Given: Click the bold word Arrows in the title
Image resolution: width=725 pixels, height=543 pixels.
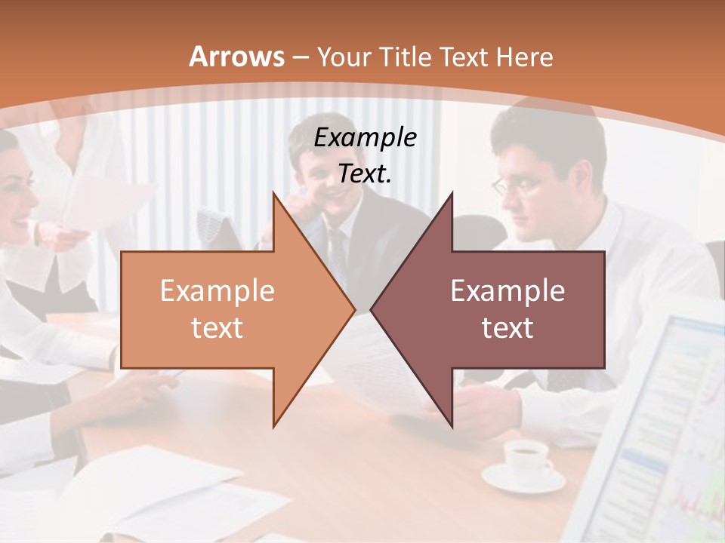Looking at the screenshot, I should click(x=237, y=57).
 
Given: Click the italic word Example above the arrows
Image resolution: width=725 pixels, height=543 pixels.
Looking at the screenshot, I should click(x=365, y=137).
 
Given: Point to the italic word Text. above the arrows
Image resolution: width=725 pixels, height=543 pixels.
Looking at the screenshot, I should click(x=365, y=173).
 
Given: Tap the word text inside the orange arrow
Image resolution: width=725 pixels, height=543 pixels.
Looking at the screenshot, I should click(x=217, y=328).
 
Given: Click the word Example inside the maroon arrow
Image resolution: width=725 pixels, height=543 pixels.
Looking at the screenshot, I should click(x=507, y=291).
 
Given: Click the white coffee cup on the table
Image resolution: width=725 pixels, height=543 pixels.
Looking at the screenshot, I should click(x=526, y=457).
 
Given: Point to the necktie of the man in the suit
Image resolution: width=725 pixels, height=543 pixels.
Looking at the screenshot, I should click(x=336, y=249).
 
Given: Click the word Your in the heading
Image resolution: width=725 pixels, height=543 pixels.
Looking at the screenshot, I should click(x=343, y=57).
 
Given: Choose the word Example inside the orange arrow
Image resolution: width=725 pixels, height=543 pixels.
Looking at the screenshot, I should click(x=217, y=291).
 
